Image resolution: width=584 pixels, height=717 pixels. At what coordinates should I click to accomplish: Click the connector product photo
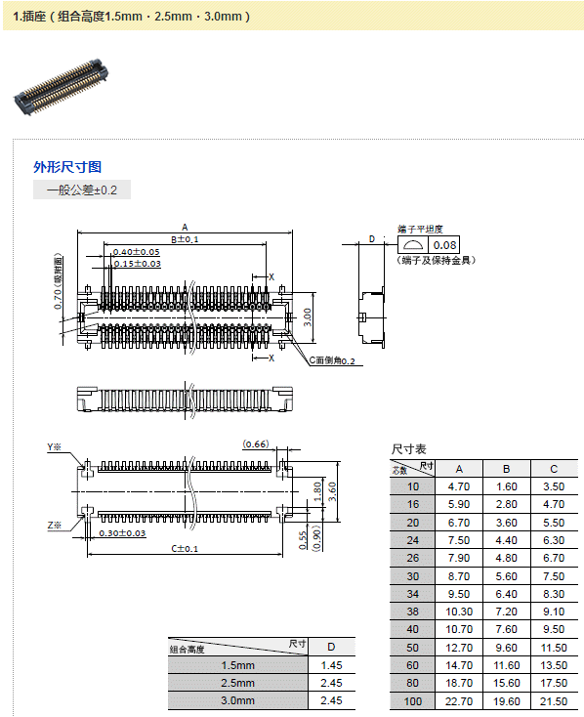tap(62, 87)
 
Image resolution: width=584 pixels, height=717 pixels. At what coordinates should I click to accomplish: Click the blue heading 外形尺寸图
tap(67, 167)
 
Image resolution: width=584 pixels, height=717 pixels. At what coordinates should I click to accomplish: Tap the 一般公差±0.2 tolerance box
tap(82, 190)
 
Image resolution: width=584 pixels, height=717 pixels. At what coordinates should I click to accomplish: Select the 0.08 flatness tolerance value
tap(444, 245)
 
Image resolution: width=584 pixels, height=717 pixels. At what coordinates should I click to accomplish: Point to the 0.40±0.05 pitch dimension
tap(137, 252)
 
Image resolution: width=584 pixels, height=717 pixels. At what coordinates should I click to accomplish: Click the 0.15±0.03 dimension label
tap(137, 264)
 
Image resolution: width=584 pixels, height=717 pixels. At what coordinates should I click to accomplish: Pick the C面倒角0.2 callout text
tap(332, 360)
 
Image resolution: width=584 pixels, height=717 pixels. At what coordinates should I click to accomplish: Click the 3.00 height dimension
tap(308, 316)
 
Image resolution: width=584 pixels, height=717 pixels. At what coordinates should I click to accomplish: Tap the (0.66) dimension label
tap(256, 444)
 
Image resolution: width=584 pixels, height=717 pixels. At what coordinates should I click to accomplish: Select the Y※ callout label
tap(54, 447)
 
